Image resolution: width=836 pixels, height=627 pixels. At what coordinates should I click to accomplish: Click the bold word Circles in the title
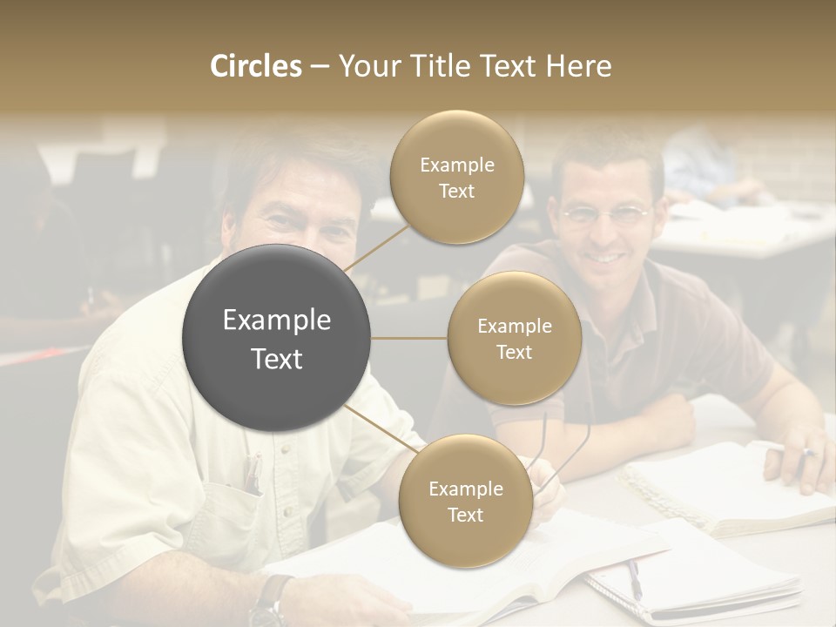point(256,66)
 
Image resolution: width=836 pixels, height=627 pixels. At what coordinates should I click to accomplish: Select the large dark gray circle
point(276,338)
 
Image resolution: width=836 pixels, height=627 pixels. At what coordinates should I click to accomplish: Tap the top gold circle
point(456,177)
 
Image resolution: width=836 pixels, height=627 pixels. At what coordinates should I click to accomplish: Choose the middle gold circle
point(514,338)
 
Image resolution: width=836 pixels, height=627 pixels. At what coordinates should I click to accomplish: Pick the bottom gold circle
point(465,501)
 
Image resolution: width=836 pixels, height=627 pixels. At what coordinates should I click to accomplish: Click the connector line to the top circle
point(376,246)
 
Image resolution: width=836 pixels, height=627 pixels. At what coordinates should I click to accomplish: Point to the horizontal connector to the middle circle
point(409,338)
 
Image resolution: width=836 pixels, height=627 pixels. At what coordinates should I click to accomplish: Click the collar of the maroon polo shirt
point(557,261)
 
